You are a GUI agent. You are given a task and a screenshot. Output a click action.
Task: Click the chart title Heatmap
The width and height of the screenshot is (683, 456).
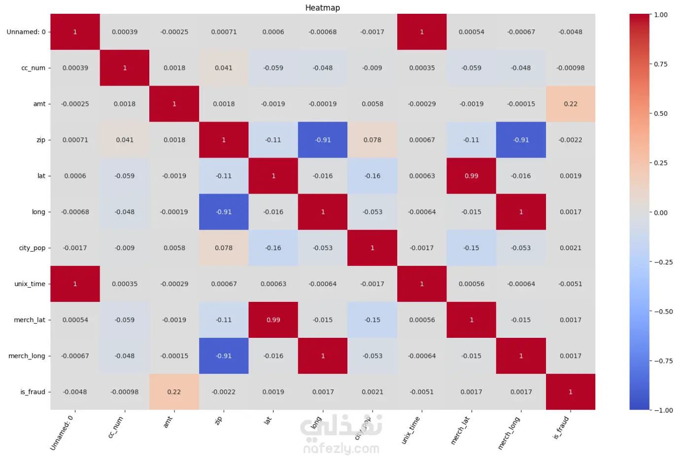click(322, 7)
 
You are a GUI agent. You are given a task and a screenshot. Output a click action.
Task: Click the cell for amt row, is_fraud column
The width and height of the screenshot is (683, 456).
click(571, 104)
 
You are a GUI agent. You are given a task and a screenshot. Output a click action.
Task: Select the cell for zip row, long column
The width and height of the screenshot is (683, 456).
click(323, 140)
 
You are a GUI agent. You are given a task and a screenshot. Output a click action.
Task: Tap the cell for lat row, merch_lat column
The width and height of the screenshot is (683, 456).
click(471, 176)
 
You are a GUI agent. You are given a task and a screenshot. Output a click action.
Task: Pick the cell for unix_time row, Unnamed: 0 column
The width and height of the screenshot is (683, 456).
click(75, 284)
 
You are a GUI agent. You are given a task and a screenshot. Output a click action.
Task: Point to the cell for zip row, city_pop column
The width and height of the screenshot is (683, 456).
click(372, 140)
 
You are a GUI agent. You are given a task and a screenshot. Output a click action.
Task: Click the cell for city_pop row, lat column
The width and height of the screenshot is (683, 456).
click(273, 248)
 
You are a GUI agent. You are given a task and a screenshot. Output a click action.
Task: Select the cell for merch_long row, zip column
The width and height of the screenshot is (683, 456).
click(224, 356)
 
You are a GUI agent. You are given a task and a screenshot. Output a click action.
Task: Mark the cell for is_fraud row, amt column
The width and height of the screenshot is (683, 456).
click(174, 392)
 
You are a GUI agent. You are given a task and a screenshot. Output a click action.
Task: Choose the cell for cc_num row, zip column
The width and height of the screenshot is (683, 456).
click(224, 68)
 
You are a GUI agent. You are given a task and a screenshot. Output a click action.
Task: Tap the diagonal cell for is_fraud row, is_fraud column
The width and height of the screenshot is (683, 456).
click(571, 392)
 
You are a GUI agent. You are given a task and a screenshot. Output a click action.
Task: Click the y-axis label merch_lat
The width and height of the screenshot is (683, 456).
click(30, 320)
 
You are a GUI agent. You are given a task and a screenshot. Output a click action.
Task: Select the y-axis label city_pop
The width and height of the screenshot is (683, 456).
click(32, 248)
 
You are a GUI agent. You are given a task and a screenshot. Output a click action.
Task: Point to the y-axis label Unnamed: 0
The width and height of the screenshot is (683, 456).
click(26, 32)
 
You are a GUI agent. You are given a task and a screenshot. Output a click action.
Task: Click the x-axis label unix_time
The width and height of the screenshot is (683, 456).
click(410, 430)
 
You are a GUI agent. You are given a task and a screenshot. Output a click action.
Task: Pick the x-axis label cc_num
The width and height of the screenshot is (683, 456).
click(115, 427)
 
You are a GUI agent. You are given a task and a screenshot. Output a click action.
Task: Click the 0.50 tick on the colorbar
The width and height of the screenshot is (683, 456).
click(660, 113)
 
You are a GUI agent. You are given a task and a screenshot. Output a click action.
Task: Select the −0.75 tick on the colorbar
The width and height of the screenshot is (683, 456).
click(662, 360)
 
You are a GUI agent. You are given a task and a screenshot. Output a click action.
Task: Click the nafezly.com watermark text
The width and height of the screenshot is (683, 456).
click(341, 448)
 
